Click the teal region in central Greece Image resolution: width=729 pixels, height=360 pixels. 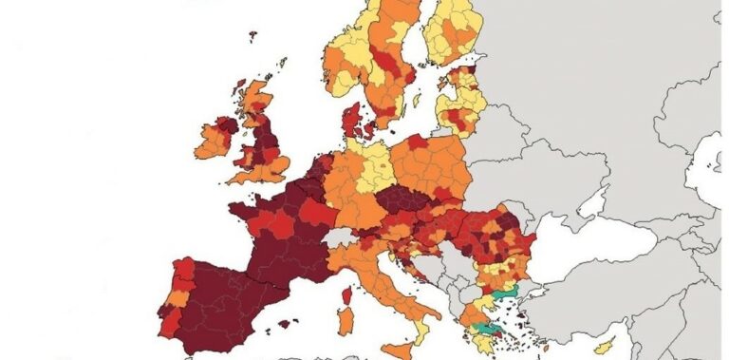click(x=490, y=328)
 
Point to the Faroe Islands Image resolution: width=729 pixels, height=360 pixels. click(x=253, y=37)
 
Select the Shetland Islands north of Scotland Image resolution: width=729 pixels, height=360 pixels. click(x=283, y=64)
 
